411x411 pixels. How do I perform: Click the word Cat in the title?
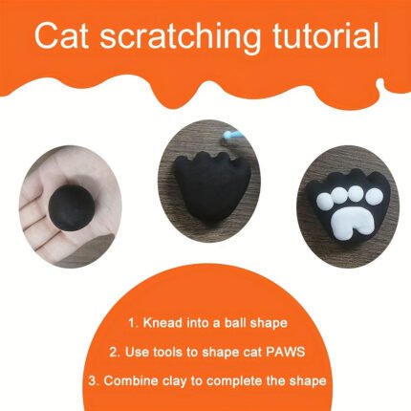point(61,35)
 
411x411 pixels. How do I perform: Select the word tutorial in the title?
point(324,35)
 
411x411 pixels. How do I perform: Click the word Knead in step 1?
point(162,323)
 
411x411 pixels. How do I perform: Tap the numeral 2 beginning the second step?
point(113,353)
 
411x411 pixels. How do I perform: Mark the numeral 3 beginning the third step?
point(92,381)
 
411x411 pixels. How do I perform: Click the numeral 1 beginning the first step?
point(132,323)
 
